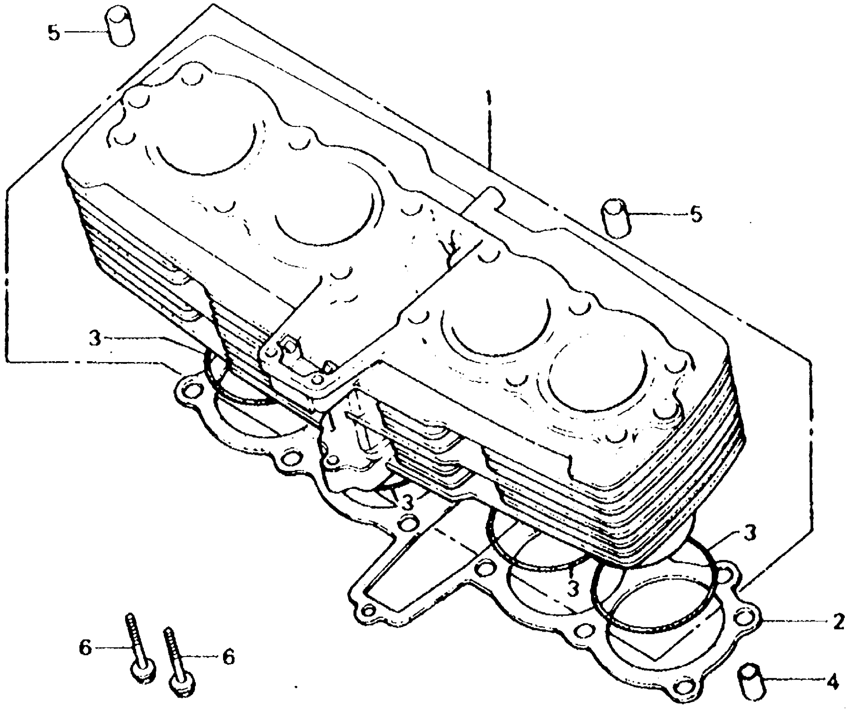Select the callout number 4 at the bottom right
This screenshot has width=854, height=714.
point(832,682)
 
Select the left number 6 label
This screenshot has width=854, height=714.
point(85,648)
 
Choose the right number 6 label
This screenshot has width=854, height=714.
point(228,657)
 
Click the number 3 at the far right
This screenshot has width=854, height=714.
point(750,533)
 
